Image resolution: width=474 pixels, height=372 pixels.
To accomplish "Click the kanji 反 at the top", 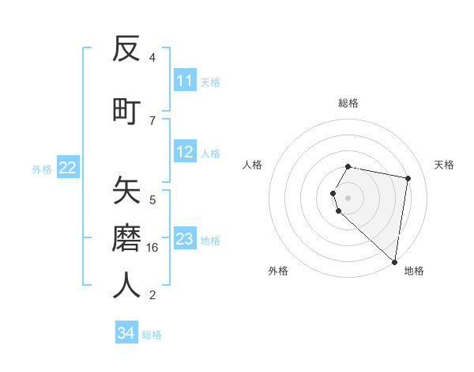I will point(126,49).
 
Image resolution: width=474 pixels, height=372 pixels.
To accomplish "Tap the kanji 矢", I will point(126,190).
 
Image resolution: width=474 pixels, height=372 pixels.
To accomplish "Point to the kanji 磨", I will point(126,237).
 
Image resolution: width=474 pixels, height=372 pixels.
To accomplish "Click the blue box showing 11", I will point(185,81).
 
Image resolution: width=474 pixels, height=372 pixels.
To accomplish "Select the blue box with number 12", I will point(185,153).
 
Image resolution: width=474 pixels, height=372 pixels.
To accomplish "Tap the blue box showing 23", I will point(185,239).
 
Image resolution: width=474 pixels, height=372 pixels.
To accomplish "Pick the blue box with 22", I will point(68,168).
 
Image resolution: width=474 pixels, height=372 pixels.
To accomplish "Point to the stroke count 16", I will point(152,248).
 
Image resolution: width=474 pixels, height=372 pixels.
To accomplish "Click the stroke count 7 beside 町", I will point(152,120).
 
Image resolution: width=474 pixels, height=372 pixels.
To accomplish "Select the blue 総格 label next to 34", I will point(152,335).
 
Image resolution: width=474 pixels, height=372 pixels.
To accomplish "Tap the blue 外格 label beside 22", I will point(42,169).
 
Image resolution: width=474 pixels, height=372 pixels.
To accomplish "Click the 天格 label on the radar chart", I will point(444,165).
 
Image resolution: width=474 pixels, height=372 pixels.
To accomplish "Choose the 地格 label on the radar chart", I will point(414,271).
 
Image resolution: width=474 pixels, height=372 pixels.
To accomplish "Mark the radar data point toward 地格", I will point(394,261).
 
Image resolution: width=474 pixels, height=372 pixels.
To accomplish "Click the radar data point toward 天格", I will point(408,179).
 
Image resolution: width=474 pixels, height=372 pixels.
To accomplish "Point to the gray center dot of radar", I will point(348,197).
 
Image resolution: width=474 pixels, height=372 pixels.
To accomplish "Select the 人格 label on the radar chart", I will point(253,165).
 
